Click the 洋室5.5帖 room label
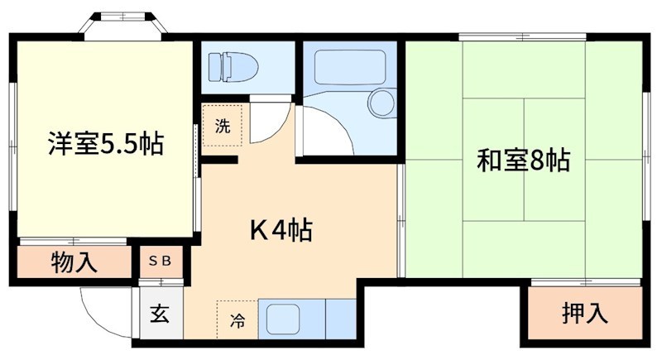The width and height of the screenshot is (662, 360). point(104,145)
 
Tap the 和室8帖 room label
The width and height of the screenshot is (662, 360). point(522,160)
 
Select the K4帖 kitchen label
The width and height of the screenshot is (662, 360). point(281,230)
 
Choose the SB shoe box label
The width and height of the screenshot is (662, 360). point(159,262)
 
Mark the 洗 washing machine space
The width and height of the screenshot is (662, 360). point(223,127)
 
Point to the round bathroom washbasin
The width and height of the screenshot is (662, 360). point(381,103)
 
